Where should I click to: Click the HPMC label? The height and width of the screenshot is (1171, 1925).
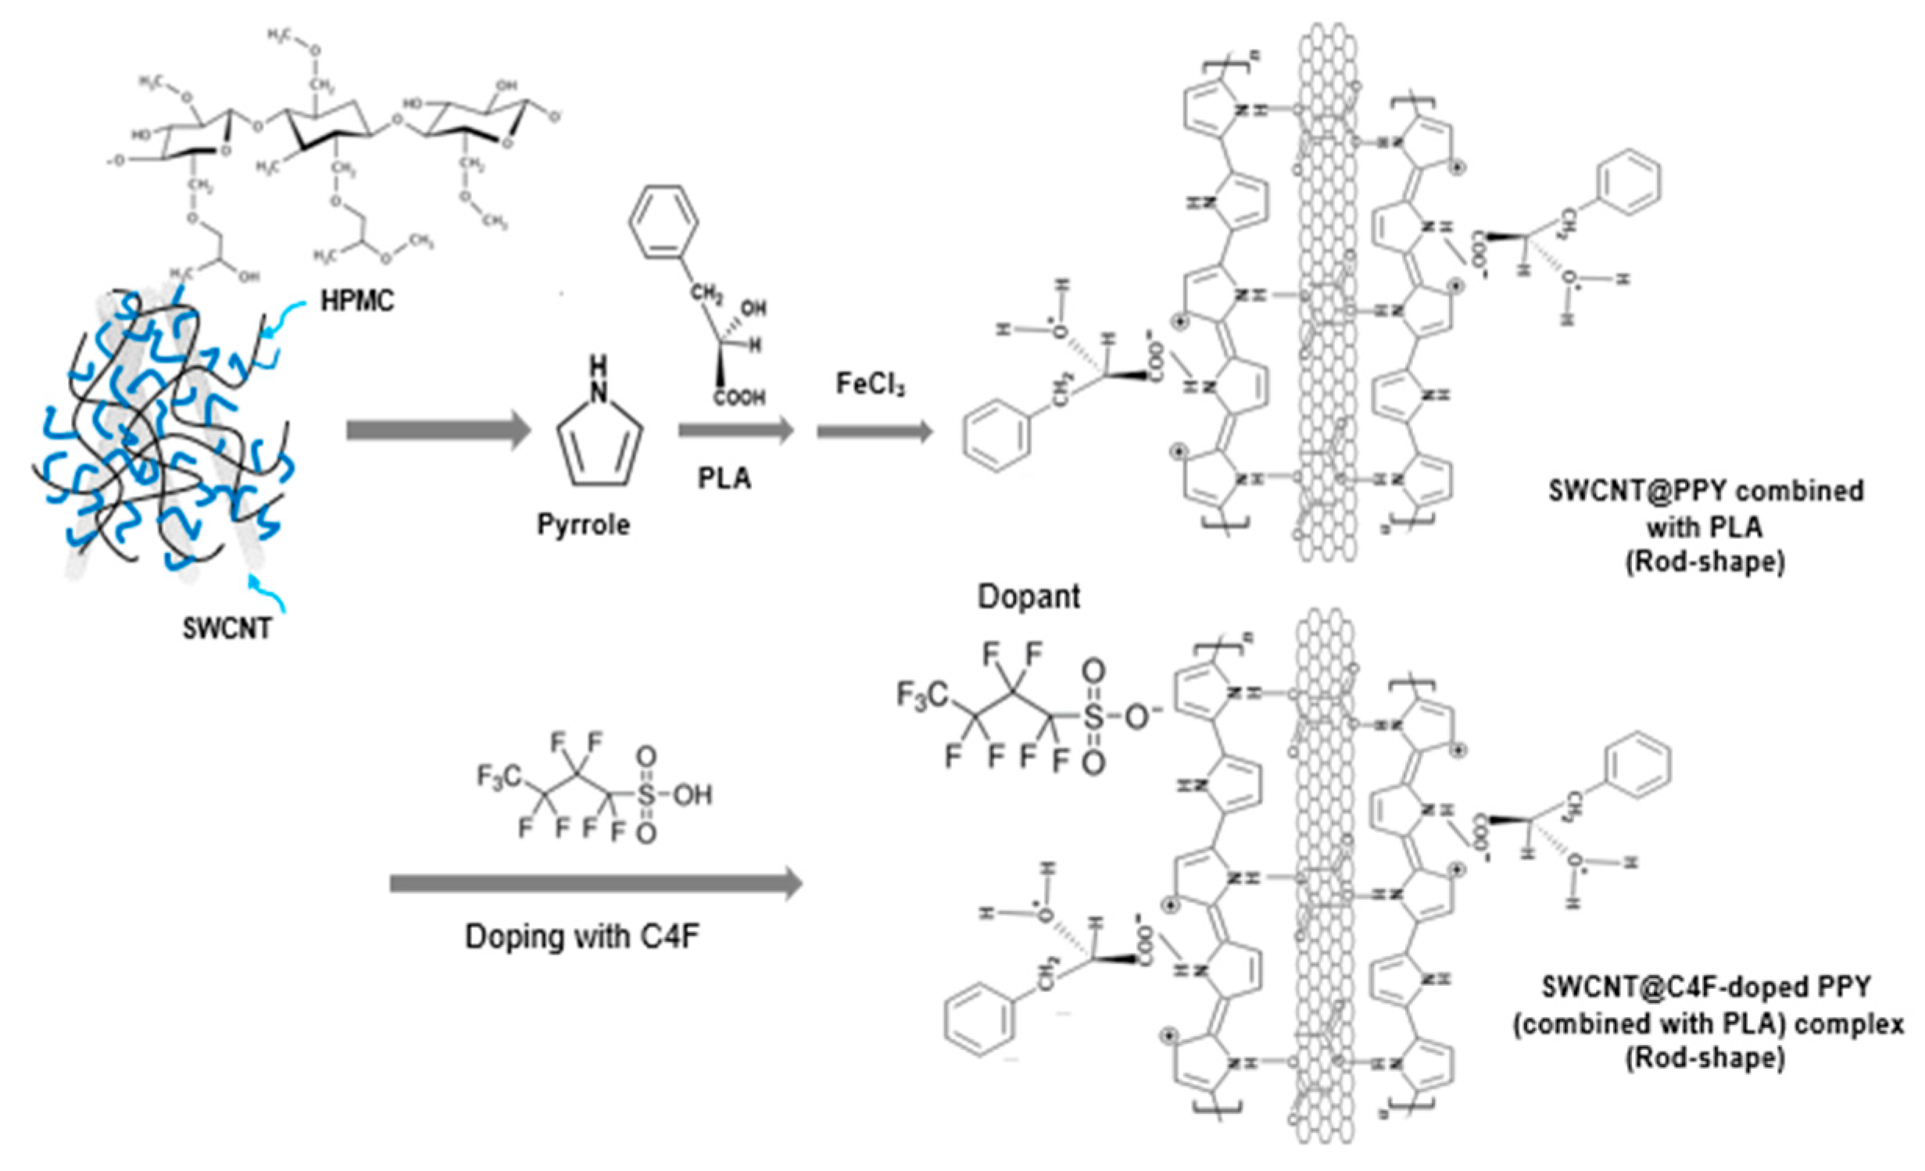pyautogui.click(x=357, y=301)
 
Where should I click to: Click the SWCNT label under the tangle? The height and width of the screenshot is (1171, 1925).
pyautogui.click(x=227, y=628)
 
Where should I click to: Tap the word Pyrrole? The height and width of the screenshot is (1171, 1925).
pyautogui.click(x=583, y=524)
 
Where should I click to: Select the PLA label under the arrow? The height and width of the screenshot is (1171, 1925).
pyautogui.click(x=725, y=478)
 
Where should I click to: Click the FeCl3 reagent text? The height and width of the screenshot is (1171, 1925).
pyautogui.click(x=871, y=384)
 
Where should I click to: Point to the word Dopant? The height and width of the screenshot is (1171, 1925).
pyautogui.click(x=1029, y=597)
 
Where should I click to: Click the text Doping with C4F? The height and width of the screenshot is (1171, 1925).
pyautogui.click(x=582, y=935)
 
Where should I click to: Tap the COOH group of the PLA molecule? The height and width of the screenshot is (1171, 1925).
pyautogui.click(x=739, y=398)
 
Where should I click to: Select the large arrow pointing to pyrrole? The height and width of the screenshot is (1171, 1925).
pyautogui.click(x=438, y=430)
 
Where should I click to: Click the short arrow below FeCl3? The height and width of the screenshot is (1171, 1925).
pyautogui.click(x=875, y=431)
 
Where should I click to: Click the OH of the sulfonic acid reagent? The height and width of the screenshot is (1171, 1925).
pyautogui.click(x=692, y=795)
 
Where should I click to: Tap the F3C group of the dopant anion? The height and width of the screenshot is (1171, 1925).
pyautogui.click(x=921, y=694)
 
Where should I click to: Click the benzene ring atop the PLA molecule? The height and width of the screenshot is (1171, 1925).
pyautogui.click(x=664, y=221)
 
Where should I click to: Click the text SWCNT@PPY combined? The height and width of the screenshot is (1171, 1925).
pyautogui.click(x=1705, y=491)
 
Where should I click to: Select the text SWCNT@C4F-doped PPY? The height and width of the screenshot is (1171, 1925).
pyautogui.click(x=1706, y=987)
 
